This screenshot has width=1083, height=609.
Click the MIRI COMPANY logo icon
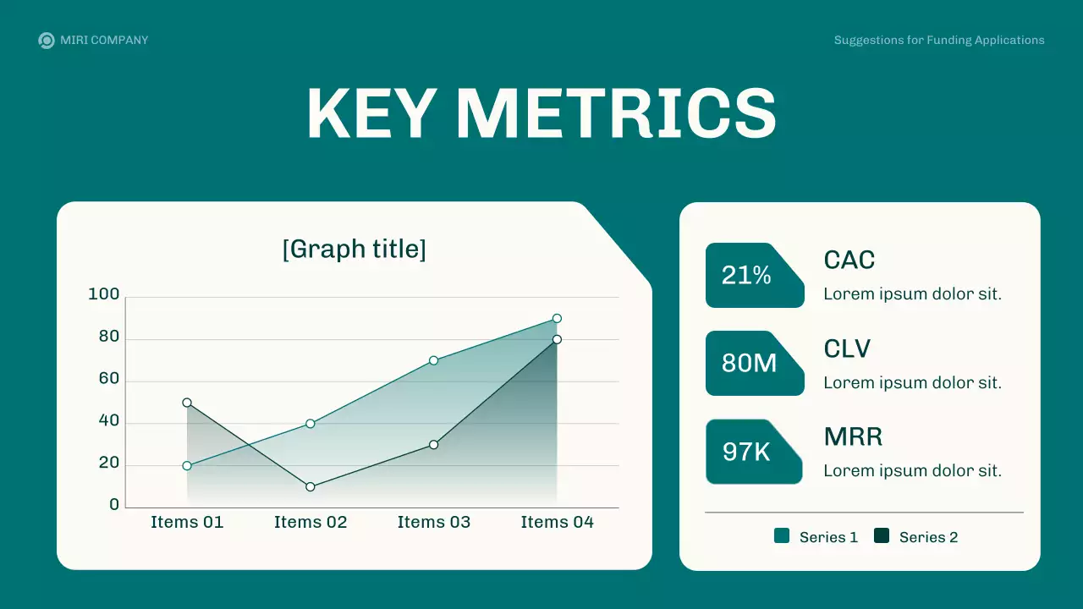[47, 40]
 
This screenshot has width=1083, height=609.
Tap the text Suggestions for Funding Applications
[939, 40]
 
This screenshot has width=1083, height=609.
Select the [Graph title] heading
[354, 250]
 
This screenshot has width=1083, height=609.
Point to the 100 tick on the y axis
[104, 294]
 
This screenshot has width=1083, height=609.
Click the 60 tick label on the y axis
[109, 379]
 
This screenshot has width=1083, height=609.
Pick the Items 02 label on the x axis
[311, 522]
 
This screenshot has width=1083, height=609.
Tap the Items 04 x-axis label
[557, 522]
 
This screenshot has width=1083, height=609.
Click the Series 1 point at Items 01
[187, 466]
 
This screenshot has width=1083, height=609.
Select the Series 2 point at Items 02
[311, 486]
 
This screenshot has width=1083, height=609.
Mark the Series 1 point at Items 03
[433, 360]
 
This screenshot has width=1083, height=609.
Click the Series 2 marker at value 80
[557, 339]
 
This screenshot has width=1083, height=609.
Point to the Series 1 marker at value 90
[557, 319]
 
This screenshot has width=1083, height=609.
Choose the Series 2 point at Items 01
[187, 403]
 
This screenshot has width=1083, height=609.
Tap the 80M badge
[750, 363]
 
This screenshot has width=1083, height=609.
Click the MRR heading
[853, 436]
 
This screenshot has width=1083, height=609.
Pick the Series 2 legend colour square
[882, 536]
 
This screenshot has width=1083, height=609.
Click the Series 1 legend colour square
[782, 536]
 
